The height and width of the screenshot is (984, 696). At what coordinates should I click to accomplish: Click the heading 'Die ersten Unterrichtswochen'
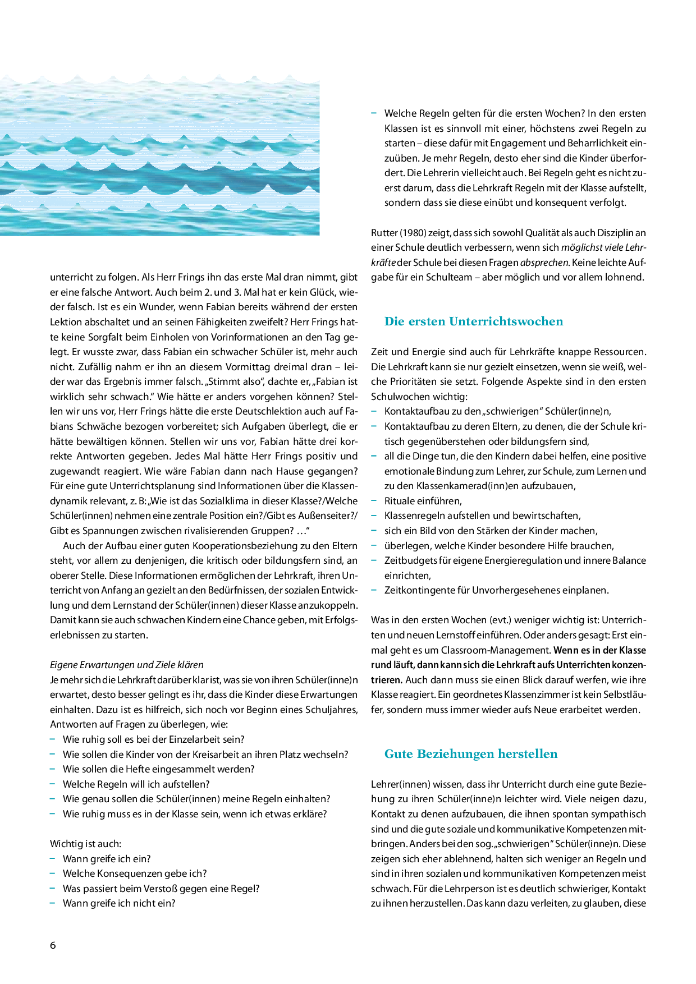click(473, 321)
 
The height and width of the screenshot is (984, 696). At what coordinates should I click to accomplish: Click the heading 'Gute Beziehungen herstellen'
click(470, 754)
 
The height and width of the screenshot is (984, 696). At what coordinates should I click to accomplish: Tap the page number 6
click(53, 945)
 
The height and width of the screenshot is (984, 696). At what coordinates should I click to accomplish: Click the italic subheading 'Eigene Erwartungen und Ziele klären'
click(127, 665)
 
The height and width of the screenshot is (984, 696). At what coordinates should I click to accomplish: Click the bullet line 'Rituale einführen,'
click(423, 501)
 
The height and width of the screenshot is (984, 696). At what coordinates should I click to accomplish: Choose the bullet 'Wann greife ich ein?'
click(107, 859)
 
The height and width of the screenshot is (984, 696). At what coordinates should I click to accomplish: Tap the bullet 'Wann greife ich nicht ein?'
click(119, 903)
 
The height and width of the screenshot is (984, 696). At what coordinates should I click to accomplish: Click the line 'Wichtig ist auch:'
click(85, 844)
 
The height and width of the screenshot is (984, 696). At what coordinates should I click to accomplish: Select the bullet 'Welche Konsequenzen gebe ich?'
click(135, 873)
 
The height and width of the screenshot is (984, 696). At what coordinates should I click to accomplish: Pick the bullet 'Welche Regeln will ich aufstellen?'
click(136, 784)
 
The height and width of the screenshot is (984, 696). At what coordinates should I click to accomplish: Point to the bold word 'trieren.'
click(387, 680)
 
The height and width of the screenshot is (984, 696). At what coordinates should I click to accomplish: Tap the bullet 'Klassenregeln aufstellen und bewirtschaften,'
click(482, 516)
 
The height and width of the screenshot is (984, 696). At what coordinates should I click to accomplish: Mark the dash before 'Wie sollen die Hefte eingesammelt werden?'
click(52, 769)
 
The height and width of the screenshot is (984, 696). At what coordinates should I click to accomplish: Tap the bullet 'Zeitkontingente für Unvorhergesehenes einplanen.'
click(496, 590)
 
